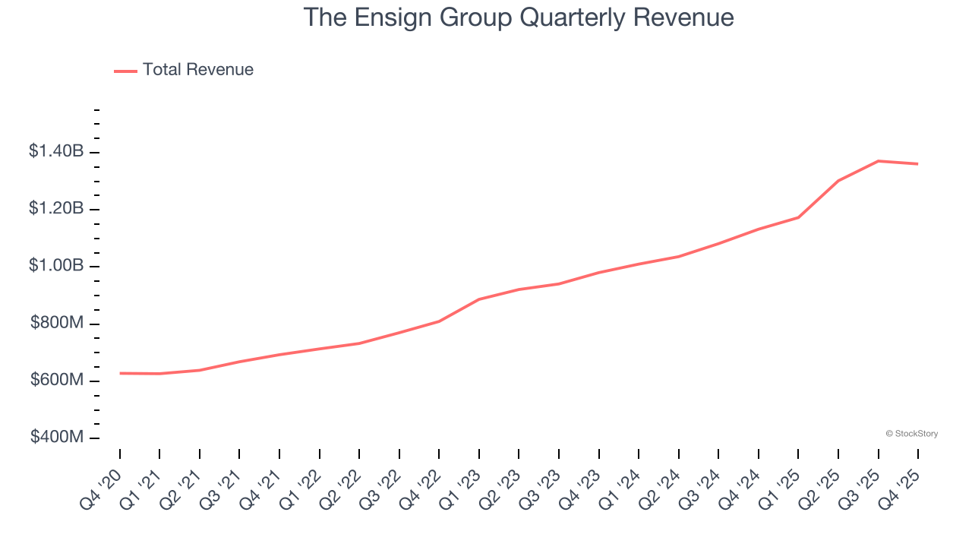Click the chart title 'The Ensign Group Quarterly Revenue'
[519, 17]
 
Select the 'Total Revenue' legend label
[197, 70]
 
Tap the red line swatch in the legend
[125, 71]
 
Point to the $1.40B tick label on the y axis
[56, 152]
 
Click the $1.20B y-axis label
[56, 209]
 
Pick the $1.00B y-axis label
[56, 266]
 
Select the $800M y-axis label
[57, 324]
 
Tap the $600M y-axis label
[57, 381]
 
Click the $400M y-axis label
[57, 438]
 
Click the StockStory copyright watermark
[911, 434]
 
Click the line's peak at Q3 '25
[878, 161]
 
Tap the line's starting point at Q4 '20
[120, 373]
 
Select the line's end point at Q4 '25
[917, 164]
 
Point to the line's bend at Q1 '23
[479, 299]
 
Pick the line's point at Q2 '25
[838, 181]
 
